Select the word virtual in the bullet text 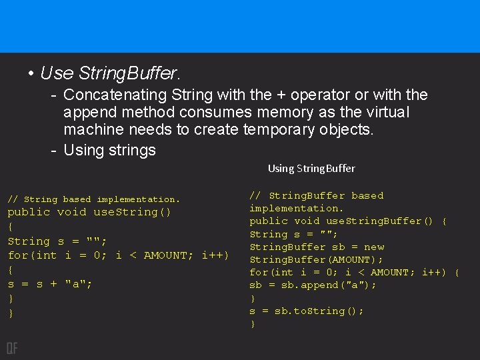(384, 113)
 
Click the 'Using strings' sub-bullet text (109, 150)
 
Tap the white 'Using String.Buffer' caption (311, 169)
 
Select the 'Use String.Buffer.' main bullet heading (111, 72)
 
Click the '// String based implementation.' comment (93, 199)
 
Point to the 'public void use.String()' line (89, 212)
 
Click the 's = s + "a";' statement (50, 284)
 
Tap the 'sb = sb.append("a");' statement (313, 285)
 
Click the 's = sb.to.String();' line (307, 311)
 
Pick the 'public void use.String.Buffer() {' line (348, 221)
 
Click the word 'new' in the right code (374, 247)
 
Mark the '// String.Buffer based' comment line (317, 195)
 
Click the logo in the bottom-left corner (12, 347)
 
